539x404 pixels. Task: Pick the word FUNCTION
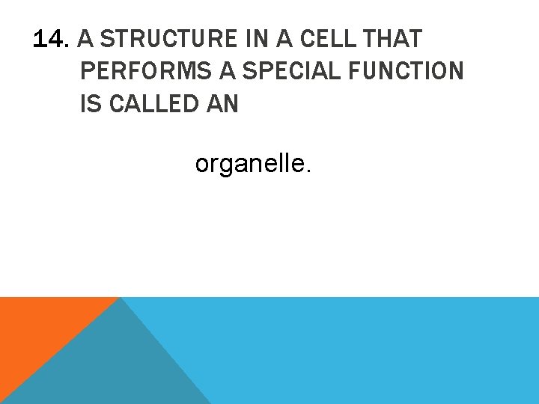406,72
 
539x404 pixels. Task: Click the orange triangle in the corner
37,329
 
